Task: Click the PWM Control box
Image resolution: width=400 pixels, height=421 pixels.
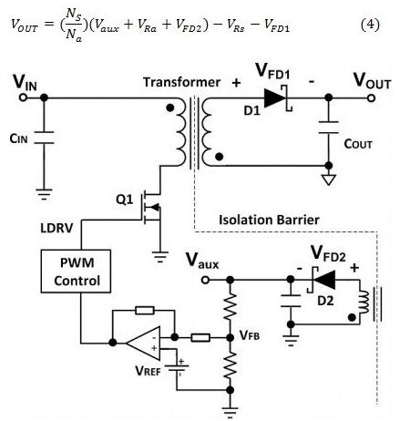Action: click(76, 272)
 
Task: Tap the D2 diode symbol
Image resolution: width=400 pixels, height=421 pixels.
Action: click(322, 280)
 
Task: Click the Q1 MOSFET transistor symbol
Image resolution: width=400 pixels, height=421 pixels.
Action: click(151, 208)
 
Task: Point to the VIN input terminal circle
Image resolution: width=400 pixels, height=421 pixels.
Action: click(23, 98)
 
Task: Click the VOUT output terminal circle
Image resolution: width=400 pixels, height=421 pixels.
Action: click(371, 98)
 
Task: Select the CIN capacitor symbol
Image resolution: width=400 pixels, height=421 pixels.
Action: click(44, 138)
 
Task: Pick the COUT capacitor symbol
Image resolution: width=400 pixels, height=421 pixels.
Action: click(329, 128)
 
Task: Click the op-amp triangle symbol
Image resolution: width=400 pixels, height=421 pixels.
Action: click(143, 344)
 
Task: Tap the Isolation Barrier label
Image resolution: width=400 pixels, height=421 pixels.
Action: click(269, 220)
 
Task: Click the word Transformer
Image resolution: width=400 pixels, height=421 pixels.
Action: click(181, 82)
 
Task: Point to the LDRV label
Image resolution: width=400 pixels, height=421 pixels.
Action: click(56, 228)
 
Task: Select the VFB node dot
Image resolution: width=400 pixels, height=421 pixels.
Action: click(231, 337)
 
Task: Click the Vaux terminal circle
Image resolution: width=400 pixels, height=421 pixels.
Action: click(205, 280)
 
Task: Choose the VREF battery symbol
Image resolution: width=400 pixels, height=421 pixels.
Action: click(177, 368)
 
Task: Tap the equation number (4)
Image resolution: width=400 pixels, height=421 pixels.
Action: click(370, 25)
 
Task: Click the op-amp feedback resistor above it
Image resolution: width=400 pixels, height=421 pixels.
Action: click(145, 311)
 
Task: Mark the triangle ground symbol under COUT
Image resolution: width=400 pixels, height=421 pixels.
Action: click(329, 180)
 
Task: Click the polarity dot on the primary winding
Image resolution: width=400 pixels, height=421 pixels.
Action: click(170, 108)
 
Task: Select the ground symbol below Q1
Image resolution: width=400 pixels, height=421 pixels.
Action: click(160, 257)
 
